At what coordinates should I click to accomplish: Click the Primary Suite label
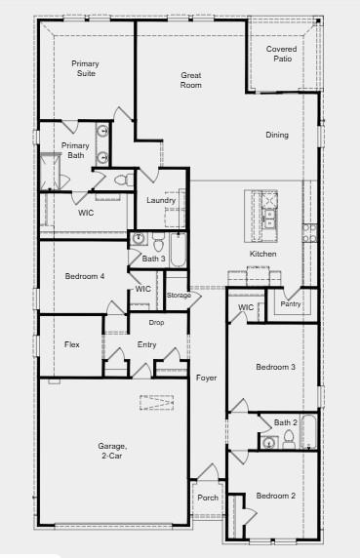pyautogui.click(x=85, y=68)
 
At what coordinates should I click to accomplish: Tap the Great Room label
pyautogui.click(x=191, y=80)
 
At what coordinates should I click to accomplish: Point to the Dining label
pyautogui.click(x=277, y=135)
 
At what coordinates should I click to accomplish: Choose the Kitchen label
pyautogui.click(x=262, y=254)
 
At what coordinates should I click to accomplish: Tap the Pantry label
pyautogui.click(x=291, y=303)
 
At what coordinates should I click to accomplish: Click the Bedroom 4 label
pyautogui.click(x=85, y=276)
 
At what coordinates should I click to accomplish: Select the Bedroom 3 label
pyautogui.click(x=275, y=367)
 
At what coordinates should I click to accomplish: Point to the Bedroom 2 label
pyautogui.click(x=275, y=496)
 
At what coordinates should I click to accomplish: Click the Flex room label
pyautogui.click(x=72, y=344)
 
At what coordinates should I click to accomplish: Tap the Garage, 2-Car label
pyautogui.click(x=110, y=451)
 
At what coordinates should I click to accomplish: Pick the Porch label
pyautogui.click(x=208, y=497)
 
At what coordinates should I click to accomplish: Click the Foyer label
pyautogui.click(x=206, y=378)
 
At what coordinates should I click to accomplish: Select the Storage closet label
pyautogui.click(x=179, y=295)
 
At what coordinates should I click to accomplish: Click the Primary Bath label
pyautogui.click(x=75, y=150)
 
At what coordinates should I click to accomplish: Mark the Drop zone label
pyautogui.click(x=156, y=322)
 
